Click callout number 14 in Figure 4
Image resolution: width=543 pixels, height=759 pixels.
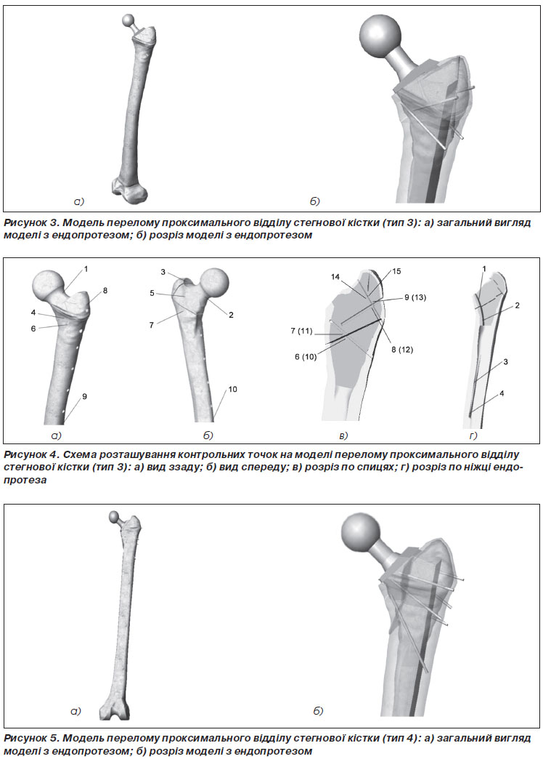[x=335, y=278]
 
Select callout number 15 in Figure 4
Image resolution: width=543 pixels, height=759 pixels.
[x=396, y=272]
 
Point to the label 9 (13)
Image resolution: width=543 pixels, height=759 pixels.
[x=415, y=297]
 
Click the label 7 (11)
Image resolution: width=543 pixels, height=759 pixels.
[x=301, y=331]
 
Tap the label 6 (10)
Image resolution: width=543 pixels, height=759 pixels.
[x=306, y=357]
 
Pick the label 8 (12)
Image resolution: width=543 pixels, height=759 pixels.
[x=402, y=350]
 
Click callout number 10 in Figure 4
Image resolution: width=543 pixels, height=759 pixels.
[x=232, y=389]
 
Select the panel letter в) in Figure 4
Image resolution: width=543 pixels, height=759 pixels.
[x=343, y=435]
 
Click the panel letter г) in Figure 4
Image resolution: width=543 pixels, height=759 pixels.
[x=473, y=435]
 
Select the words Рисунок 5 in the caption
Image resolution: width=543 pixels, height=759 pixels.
[x=31, y=738]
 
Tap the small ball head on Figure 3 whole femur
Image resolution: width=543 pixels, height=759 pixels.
[x=128, y=21]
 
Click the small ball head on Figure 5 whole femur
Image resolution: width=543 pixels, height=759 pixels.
[x=114, y=516]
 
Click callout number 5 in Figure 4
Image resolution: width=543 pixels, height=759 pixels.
[x=152, y=293]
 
